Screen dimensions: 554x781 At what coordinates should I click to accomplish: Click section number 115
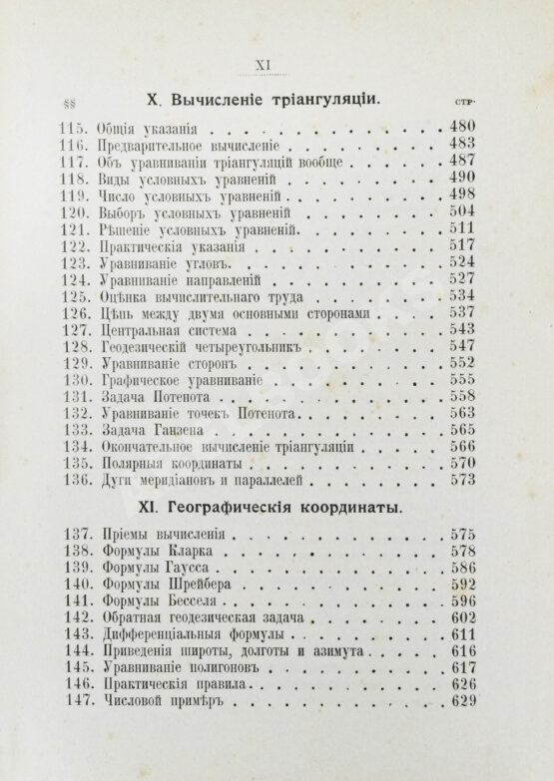pyautogui.click(x=74, y=128)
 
